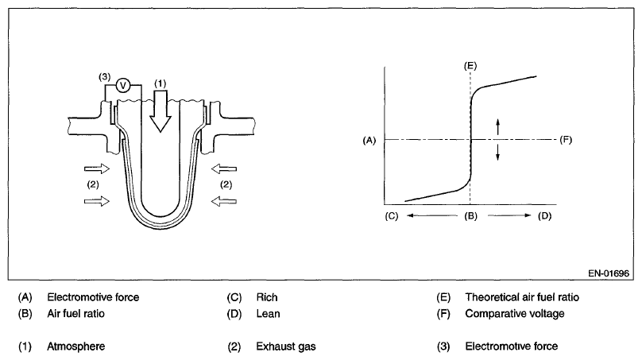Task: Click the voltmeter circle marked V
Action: [x=124, y=85]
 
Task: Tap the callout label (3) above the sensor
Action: [x=104, y=76]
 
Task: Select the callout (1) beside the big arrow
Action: [x=161, y=83]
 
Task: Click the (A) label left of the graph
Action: [x=368, y=140]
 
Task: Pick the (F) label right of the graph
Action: [x=567, y=140]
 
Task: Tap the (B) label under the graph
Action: [x=470, y=215]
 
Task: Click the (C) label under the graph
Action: [x=390, y=215]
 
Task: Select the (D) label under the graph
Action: [x=544, y=215]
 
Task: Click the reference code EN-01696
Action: [x=609, y=273]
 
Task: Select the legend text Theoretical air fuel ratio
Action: [x=522, y=298]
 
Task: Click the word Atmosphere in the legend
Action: [x=75, y=346]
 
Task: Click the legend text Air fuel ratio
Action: [x=75, y=313]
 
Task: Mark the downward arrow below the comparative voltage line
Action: [x=498, y=153]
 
